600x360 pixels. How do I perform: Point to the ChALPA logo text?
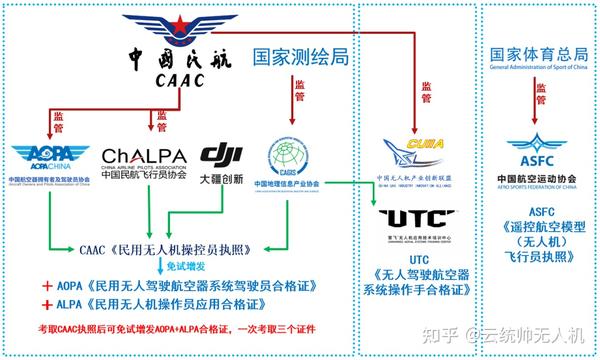[145, 155]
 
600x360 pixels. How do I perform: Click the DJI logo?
[223, 153]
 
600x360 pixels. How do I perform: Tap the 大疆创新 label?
[223, 178]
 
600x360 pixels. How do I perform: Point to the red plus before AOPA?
[47, 285]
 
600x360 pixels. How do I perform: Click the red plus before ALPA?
[47, 304]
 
